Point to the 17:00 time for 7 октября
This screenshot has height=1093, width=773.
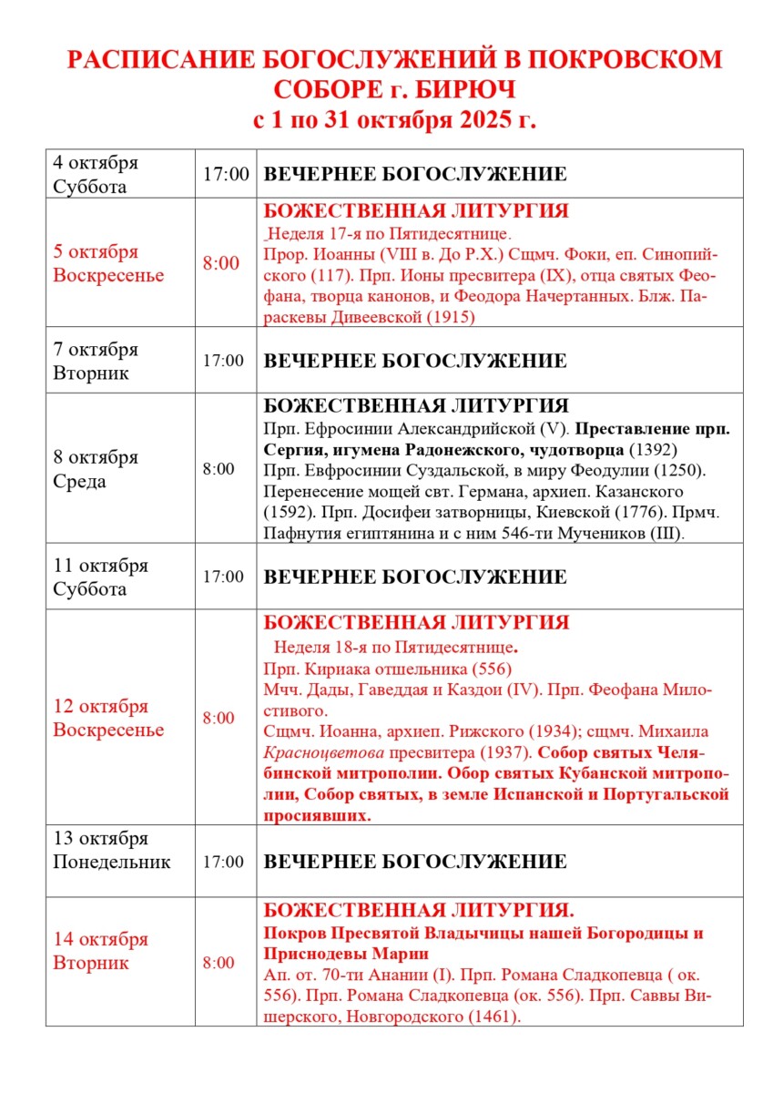(224, 361)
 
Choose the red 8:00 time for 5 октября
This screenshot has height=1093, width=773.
(221, 263)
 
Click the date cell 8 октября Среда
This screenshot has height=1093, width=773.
(96, 469)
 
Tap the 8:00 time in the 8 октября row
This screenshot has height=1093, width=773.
(219, 469)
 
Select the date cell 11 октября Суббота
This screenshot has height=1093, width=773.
(100, 577)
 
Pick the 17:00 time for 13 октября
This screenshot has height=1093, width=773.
(224, 862)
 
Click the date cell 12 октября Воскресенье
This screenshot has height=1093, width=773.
(108, 719)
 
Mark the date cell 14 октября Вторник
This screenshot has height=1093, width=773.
(100, 951)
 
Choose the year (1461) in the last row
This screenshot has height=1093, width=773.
(493, 1016)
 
